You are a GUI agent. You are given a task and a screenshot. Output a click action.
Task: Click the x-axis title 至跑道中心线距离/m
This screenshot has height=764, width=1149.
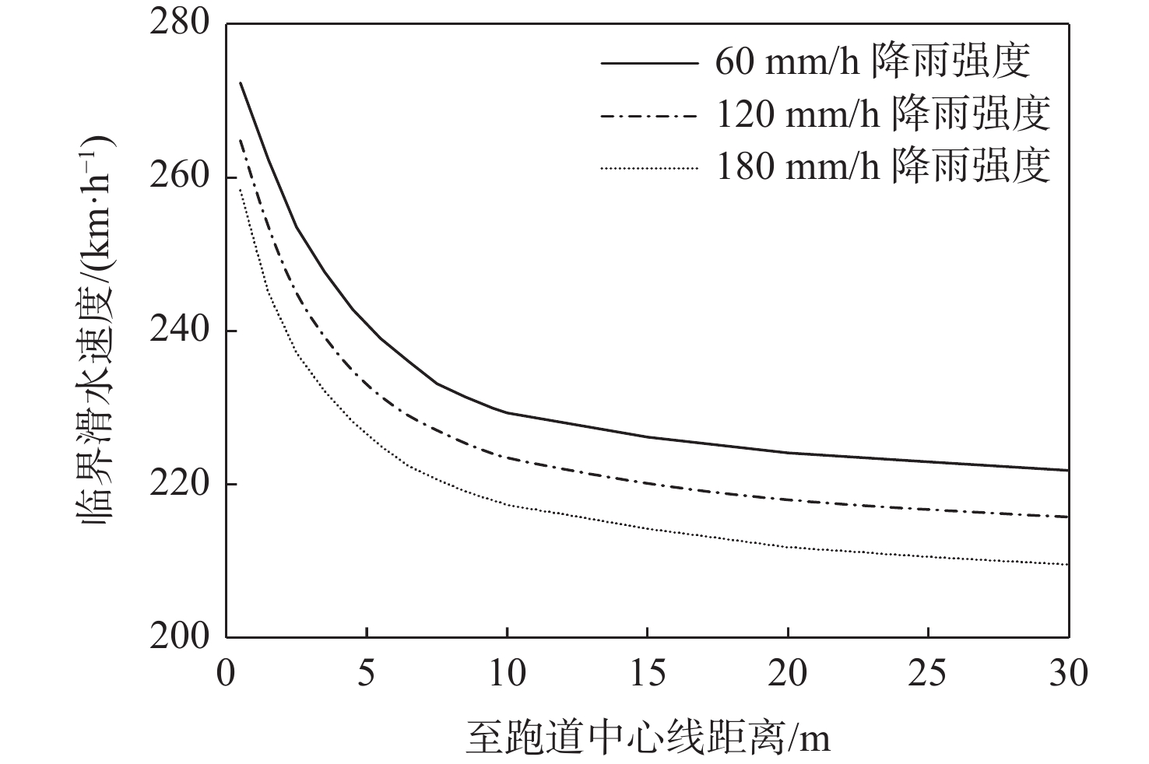click(x=648, y=735)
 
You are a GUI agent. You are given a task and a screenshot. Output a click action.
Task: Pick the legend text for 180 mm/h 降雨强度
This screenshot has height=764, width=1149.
click(x=883, y=166)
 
